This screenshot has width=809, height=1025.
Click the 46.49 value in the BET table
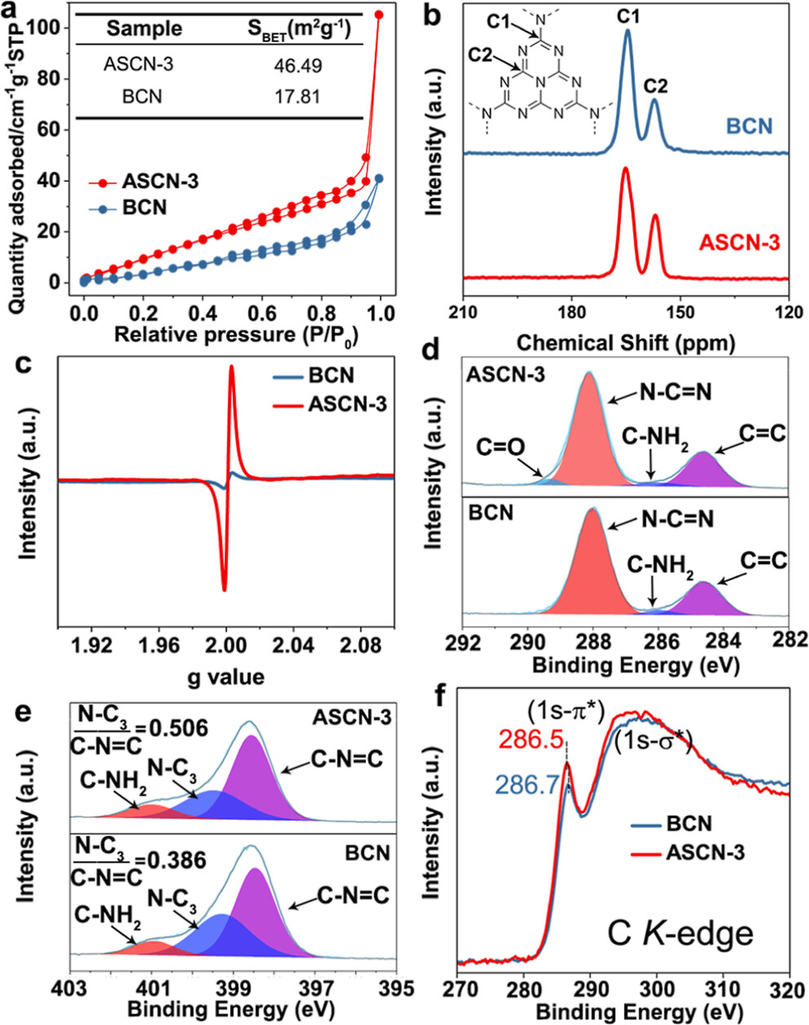click(x=297, y=64)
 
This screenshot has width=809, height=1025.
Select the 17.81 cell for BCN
click(x=297, y=96)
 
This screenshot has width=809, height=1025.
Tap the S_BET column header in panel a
click(x=298, y=29)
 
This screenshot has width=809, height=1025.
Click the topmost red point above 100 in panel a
click(x=378, y=15)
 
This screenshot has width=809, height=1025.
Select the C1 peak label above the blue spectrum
click(x=627, y=14)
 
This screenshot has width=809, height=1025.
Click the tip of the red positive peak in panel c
click(x=232, y=366)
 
